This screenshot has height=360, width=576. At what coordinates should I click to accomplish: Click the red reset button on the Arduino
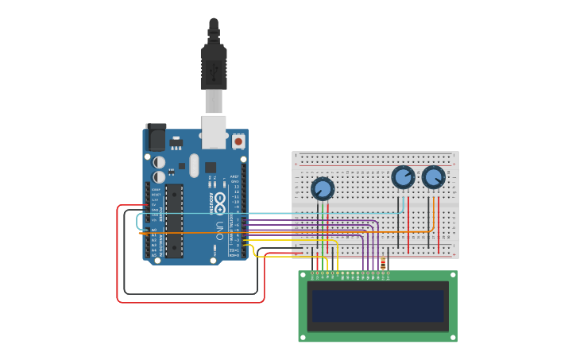pos(238,141)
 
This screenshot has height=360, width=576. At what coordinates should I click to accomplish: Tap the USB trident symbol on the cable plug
pos(213,72)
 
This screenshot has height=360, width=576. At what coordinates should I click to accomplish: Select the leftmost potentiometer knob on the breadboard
pos(323,188)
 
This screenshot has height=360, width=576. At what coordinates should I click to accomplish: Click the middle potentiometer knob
pos(403,176)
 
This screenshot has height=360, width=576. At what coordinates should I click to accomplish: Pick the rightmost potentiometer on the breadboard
pos(433,176)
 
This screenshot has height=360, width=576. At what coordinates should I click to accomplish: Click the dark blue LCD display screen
pos(378,306)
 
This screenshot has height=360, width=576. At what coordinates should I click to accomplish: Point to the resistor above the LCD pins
pos(384,262)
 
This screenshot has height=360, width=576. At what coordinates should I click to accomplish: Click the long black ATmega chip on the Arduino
pos(174,221)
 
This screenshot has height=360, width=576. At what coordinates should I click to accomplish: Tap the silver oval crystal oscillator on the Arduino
pos(194,165)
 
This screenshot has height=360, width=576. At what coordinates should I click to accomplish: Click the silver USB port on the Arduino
pos(214,131)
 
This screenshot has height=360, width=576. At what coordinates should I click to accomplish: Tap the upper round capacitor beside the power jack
pos(160,162)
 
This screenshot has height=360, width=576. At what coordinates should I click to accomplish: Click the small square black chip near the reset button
pos(211,168)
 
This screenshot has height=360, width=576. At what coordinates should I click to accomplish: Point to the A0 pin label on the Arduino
pos(155,230)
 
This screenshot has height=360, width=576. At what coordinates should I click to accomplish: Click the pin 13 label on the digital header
pos(236,187)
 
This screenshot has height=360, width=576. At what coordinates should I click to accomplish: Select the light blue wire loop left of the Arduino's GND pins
pos(138,221)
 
